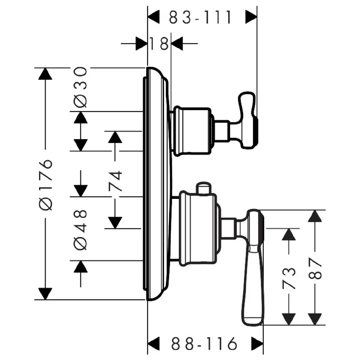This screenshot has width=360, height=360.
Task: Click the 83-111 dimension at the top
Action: [x=200, y=17]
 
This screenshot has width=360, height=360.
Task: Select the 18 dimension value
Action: [x=159, y=44]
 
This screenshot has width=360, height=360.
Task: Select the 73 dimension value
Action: [x=289, y=278]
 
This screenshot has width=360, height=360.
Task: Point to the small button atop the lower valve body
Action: [x=203, y=188]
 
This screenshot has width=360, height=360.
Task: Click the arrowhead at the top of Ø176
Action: [x=45, y=74]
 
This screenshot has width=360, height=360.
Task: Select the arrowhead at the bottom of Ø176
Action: [x=45, y=293]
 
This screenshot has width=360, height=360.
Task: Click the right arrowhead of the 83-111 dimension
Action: [x=251, y=17]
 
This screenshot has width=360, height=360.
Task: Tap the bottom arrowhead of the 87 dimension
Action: [x=315, y=318]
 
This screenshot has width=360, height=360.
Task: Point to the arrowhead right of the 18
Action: [x=177, y=44]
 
